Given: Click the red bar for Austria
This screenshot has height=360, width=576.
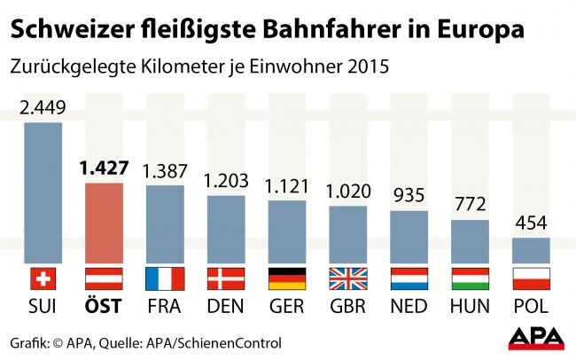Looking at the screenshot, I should (104, 222).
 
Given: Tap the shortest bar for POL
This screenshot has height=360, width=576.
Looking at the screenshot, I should (532, 250).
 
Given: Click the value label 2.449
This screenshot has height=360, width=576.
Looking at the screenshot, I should (43, 108).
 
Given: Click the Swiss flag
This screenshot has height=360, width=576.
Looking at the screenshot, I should (43, 278).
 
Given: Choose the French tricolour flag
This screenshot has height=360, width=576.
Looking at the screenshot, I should (165, 278).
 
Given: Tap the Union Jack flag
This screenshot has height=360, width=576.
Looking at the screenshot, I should (348, 278).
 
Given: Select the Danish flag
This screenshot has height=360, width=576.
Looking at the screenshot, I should (226, 278).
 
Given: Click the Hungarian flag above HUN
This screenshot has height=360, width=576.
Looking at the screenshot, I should (471, 278).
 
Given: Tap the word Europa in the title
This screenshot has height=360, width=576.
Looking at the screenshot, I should (479, 29).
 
